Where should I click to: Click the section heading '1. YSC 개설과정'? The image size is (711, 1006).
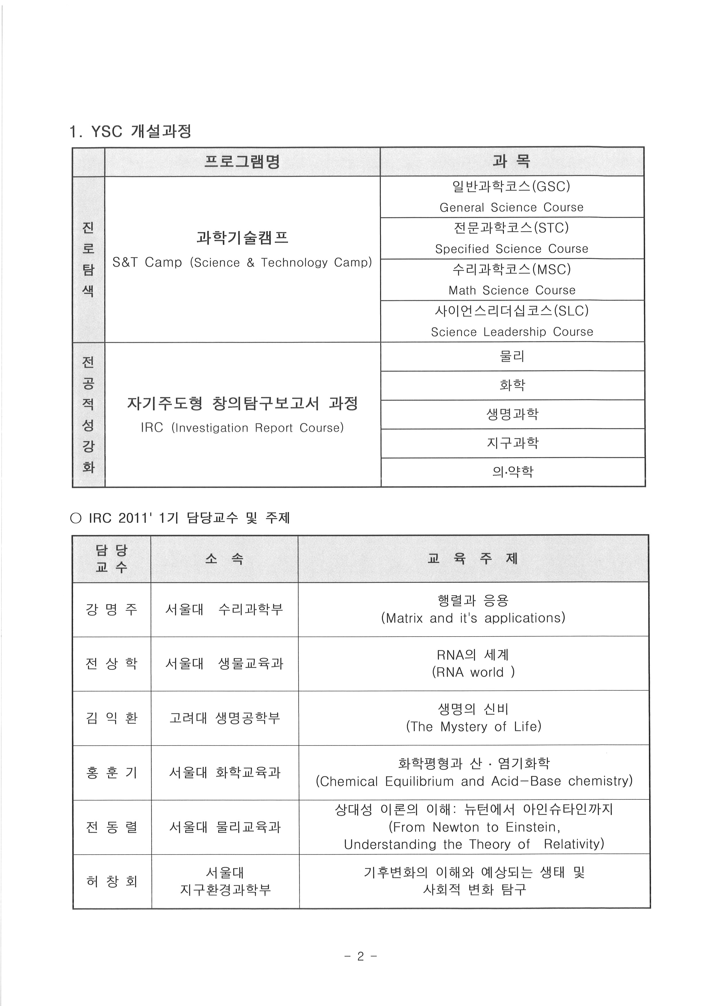click(x=130, y=131)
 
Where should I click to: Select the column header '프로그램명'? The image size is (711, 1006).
click(x=242, y=162)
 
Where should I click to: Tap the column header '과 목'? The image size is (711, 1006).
click(x=511, y=162)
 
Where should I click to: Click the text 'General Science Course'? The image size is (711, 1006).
click(x=511, y=207)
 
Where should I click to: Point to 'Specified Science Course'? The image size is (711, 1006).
click(x=511, y=249)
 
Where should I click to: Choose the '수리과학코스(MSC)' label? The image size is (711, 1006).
click(x=511, y=269)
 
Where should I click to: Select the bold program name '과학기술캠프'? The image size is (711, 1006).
click(x=242, y=238)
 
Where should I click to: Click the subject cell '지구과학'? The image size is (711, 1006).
click(x=512, y=443)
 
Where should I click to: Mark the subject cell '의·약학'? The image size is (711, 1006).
click(x=513, y=472)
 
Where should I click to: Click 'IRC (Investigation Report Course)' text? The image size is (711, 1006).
click(x=242, y=428)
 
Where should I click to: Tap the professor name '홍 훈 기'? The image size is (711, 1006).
click(x=112, y=773)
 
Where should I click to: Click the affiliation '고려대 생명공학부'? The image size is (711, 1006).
click(x=224, y=718)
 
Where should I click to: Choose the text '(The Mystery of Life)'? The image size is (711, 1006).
click(x=473, y=726)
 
